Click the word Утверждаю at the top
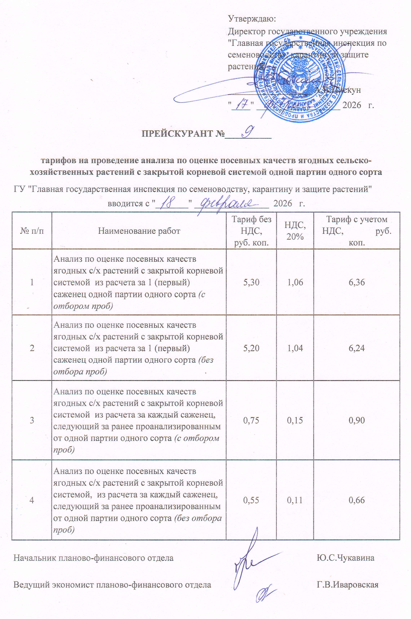coord(252,19)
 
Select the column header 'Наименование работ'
coord(139,231)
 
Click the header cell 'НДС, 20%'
coord(295,231)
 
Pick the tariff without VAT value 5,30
coord(251,282)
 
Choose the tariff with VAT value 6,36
coord(356,282)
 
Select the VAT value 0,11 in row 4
coord(295,500)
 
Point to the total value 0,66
coord(356,500)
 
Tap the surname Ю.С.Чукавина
coord(345,558)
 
